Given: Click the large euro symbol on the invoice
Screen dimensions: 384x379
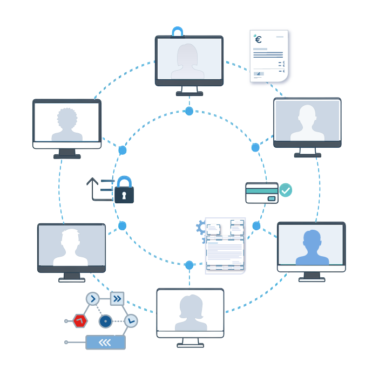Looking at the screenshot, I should [x=258, y=39].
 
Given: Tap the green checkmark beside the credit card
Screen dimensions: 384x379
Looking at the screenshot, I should [x=286, y=190].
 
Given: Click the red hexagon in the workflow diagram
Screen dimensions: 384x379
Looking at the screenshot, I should [x=80, y=321].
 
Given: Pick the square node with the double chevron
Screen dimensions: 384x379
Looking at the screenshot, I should [x=117, y=298].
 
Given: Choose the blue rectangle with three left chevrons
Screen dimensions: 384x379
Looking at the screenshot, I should [x=105, y=342].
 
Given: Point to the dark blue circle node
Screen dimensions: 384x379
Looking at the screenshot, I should [x=105, y=321].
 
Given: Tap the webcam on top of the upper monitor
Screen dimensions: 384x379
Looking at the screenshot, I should [x=178, y=32].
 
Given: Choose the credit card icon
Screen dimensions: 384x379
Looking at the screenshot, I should [x=262, y=193].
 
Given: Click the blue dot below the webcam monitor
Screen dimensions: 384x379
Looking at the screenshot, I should [x=189, y=111].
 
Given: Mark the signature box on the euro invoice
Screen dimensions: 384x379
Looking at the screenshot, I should [x=259, y=73].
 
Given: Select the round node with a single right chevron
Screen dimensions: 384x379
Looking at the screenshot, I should [x=93, y=298].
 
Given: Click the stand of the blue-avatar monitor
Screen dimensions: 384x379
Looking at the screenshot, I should [x=312, y=277].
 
